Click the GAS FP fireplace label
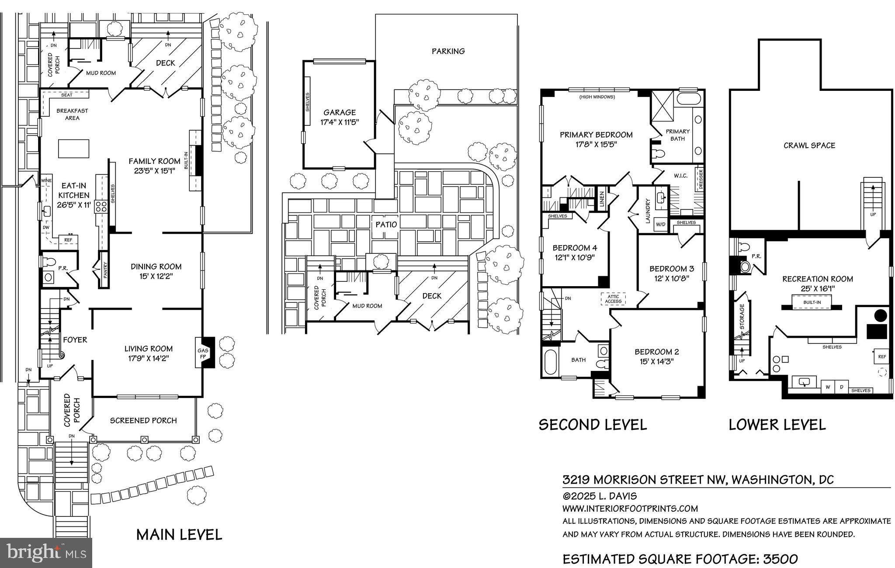click(x=204, y=353)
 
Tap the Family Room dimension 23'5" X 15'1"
click(x=154, y=171)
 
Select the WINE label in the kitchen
click(x=46, y=180)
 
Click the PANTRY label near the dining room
click(x=105, y=270)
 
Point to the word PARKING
click(x=448, y=51)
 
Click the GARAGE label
click(x=339, y=112)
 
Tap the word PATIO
click(x=387, y=225)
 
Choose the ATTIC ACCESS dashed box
click(x=613, y=299)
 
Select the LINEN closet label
click(x=602, y=200)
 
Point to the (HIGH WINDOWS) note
click(x=597, y=97)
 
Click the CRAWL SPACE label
click(x=809, y=145)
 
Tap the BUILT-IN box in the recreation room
click(x=812, y=302)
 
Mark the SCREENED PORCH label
click(x=143, y=420)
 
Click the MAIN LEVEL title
click(x=179, y=534)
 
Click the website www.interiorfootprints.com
click(x=630, y=509)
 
